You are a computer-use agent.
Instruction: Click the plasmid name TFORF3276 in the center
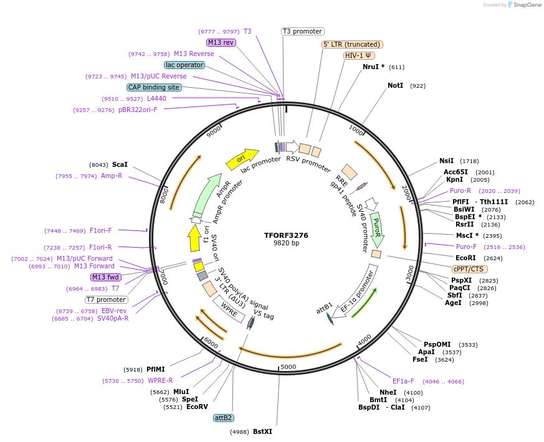(286, 235)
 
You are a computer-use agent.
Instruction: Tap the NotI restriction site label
(395, 85)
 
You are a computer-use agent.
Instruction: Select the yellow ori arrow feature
(242, 159)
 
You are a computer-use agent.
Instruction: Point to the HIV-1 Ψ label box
(359, 55)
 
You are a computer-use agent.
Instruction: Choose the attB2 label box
(223, 418)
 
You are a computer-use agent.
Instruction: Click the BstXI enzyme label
(262, 431)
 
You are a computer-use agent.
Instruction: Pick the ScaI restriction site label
(120, 165)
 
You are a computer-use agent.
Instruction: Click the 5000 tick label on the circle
(288, 367)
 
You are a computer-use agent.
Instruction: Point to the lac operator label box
(184, 65)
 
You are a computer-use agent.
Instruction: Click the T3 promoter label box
(302, 31)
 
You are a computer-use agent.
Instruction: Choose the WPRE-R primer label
(160, 380)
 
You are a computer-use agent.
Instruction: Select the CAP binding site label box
(154, 88)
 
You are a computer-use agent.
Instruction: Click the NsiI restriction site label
(446, 161)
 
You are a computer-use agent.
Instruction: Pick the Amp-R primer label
(112, 176)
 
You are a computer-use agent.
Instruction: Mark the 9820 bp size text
(286, 243)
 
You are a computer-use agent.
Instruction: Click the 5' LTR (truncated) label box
(351, 44)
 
